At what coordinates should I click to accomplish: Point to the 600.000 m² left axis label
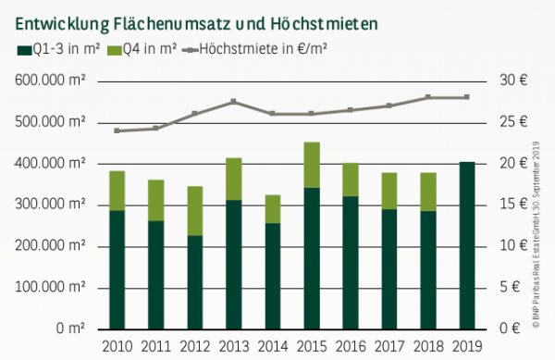tap(51, 81)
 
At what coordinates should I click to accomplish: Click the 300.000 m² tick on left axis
tap(51, 205)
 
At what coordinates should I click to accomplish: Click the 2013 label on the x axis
tap(233, 347)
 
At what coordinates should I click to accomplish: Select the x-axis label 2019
tap(466, 347)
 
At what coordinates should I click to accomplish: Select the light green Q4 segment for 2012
tap(194, 211)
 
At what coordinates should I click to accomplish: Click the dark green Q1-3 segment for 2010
tap(117, 269)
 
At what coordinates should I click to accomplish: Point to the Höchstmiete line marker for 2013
tap(233, 101)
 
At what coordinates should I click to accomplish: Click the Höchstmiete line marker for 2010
tap(117, 130)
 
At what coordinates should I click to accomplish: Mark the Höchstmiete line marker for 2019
tap(466, 97)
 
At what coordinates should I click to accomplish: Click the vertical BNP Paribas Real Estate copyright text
tap(537, 231)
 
